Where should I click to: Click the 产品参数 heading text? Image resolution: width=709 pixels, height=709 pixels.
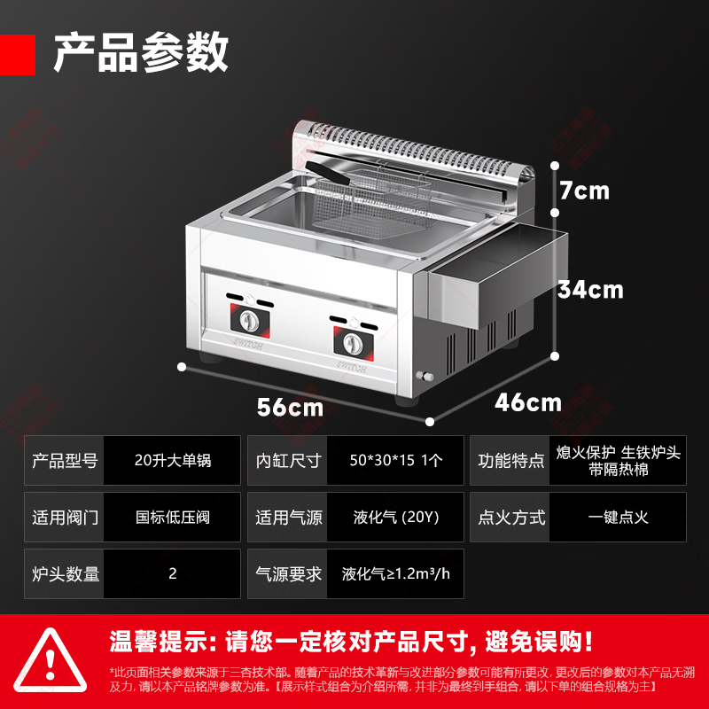(141, 53)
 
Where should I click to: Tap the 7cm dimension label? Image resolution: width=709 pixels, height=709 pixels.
(585, 190)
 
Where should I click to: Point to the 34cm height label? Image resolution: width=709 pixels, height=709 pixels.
(590, 289)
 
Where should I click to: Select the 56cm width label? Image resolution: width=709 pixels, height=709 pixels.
(291, 408)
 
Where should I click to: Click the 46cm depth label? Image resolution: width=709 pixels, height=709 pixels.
(528, 402)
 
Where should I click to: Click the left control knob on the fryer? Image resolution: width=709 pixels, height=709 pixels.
(250, 320)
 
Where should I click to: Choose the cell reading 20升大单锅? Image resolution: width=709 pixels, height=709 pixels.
(172, 461)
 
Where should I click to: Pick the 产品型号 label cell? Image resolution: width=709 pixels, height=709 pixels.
(65, 461)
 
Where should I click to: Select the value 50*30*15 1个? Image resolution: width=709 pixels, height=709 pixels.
(395, 461)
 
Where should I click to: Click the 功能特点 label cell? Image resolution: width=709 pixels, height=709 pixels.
(510, 461)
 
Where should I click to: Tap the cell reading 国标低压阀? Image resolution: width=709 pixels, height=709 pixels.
(172, 518)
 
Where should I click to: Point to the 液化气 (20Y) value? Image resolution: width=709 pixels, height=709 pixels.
(395, 518)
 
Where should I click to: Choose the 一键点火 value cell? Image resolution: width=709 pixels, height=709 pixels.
(618, 518)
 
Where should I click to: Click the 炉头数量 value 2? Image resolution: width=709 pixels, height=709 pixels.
(172, 573)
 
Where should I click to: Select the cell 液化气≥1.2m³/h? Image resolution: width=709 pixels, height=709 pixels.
(395, 573)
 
